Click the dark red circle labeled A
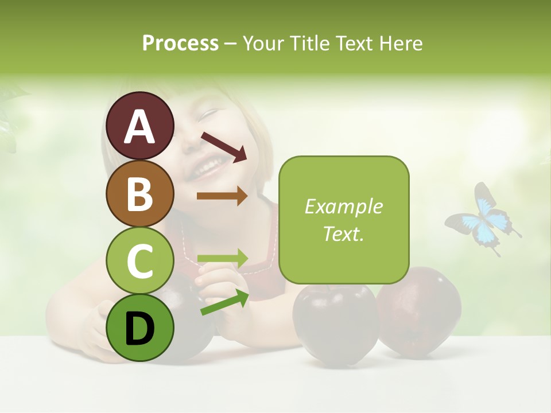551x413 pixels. tap(139, 126)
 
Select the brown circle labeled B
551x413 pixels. tap(139, 194)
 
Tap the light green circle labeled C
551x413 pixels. tap(139, 261)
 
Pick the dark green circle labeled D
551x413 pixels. tap(139, 328)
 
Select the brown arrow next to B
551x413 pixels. tap(222, 196)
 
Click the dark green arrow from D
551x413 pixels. tap(224, 303)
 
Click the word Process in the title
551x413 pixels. tap(180, 43)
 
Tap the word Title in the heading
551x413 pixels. tap(310, 43)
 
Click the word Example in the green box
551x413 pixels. tap(343, 206)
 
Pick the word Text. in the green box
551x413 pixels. tap(343, 233)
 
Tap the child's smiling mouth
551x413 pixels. tap(208, 167)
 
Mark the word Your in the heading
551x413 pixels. tap(264, 43)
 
